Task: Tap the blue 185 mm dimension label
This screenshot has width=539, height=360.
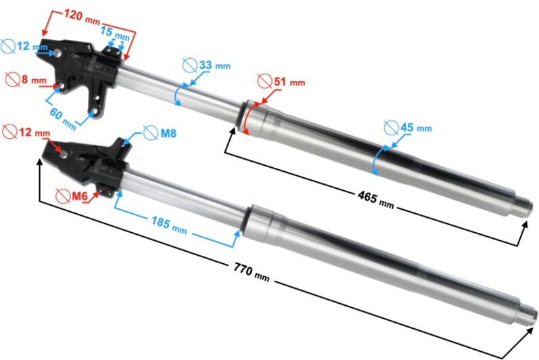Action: click(169, 222)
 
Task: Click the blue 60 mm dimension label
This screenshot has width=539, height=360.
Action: click(64, 117)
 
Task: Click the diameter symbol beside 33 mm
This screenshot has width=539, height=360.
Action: click(190, 65)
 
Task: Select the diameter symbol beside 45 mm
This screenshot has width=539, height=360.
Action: click(390, 127)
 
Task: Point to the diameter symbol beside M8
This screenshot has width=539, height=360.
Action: click(150, 133)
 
